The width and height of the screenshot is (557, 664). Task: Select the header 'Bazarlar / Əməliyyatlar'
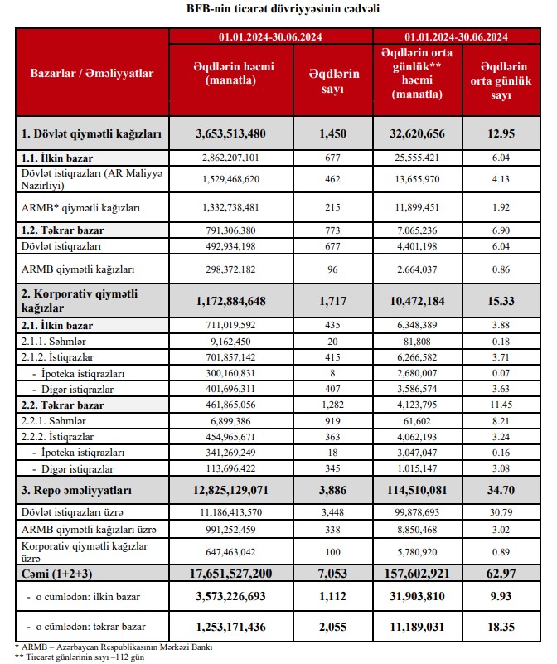[92, 74]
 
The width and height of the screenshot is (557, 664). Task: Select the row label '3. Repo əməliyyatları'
[76, 490]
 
